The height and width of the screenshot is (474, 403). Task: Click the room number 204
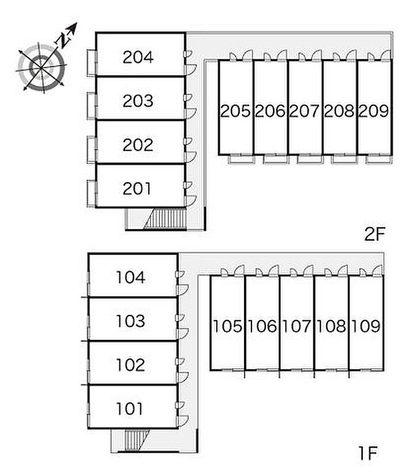[138, 57]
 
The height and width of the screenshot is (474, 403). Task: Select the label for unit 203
[138, 101]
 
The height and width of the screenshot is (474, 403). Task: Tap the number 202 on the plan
[138, 145]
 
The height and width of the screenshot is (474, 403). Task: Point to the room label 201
[137, 188]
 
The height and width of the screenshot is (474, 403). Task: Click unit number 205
[235, 111]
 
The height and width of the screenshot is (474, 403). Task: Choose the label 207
[304, 111]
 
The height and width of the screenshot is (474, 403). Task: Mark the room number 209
[374, 111]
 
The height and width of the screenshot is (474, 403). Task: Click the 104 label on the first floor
[131, 277]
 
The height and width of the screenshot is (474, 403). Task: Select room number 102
[131, 365]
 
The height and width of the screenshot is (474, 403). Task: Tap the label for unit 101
[130, 408]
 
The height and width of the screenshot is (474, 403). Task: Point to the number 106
[262, 326]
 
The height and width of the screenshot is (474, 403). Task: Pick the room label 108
[332, 326]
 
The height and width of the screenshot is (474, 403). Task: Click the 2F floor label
[375, 234]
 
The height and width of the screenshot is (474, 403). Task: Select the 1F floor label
[368, 453]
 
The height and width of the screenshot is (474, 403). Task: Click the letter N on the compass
[63, 39]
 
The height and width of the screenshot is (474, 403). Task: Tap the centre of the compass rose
[41, 69]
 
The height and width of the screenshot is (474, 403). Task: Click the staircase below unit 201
[165, 219]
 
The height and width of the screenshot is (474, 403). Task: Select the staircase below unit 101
[136, 441]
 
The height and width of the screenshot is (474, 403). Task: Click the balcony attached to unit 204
[92, 63]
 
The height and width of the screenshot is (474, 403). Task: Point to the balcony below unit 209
[379, 159]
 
